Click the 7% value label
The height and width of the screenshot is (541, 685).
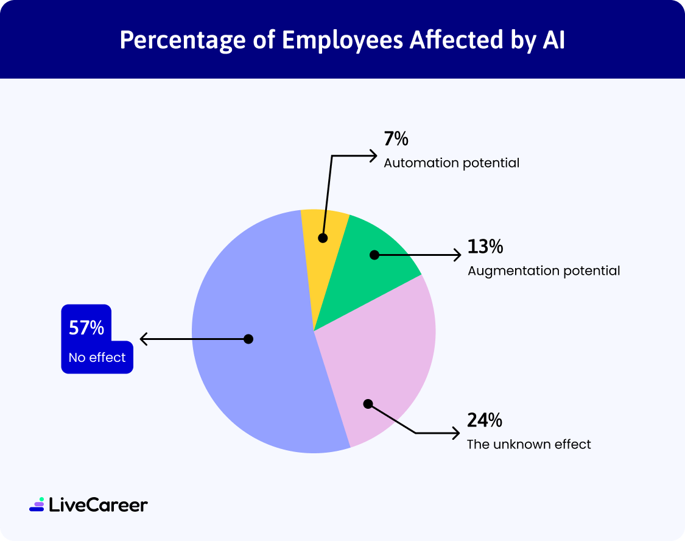396,140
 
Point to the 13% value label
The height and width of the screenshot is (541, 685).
485,247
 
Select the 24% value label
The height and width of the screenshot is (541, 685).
485,420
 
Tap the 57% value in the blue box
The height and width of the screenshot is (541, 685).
86,328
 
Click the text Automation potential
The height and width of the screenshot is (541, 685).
451,163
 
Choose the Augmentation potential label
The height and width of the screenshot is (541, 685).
544,270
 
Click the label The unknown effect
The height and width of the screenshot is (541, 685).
529,444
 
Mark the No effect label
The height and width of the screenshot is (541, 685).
97,358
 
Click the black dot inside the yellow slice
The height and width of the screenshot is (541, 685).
323,238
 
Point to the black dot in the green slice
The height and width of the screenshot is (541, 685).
374,255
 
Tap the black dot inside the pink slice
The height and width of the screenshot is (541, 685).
367,403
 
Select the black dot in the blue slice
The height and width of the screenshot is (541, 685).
248,339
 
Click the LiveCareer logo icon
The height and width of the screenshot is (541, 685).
37,504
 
